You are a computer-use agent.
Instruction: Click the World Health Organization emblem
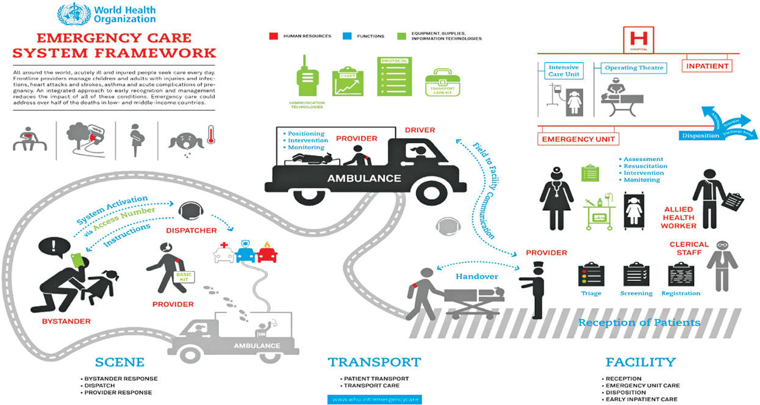pyautogui.click(x=68, y=14)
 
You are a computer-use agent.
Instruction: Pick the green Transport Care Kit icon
pyautogui.click(x=449, y=83)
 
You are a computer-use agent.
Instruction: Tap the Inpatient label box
pyautogui.click(x=707, y=65)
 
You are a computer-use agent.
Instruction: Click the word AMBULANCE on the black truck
pyautogui.click(x=364, y=178)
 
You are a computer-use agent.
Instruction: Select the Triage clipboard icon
pyautogui.click(x=590, y=274)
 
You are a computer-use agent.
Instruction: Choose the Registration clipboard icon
pyautogui.click(x=679, y=275)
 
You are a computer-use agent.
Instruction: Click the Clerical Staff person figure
pyautogui.click(x=722, y=264)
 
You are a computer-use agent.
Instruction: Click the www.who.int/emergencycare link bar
pyautogui.click(x=375, y=400)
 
